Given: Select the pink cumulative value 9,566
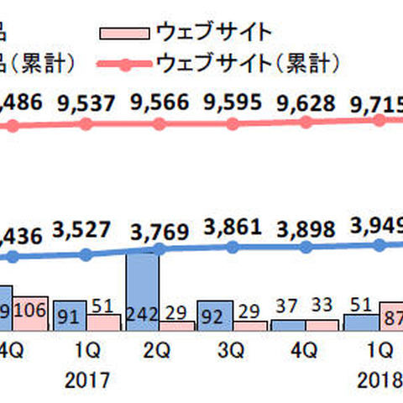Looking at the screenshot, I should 160,105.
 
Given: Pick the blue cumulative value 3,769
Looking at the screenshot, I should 160,228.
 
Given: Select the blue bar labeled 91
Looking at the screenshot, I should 70,315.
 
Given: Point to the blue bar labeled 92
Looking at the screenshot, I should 215,315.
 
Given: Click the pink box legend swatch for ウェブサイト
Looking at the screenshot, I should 125,34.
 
